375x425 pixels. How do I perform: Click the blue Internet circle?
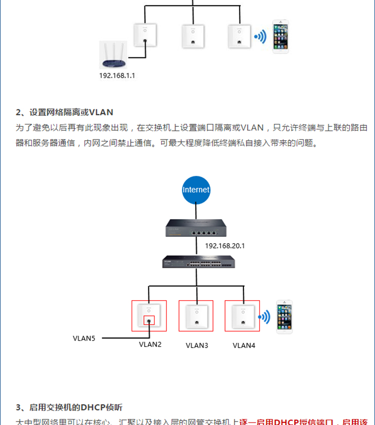coord(196,190)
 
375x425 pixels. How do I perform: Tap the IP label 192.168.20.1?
coord(225,246)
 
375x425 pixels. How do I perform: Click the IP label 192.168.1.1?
coord(117,75)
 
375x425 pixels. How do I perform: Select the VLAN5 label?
coord(84,338)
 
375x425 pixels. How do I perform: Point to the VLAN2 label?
coord(150,344)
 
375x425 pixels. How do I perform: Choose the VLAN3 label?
coord(196,345)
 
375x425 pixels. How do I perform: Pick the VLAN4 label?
coord(244,345)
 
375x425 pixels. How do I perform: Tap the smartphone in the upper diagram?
coord(280,36)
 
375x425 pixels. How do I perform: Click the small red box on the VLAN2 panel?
coord(149,320)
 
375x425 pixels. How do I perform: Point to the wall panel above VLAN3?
coord(196,316)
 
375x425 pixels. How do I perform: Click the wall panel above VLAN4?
coord(242,316)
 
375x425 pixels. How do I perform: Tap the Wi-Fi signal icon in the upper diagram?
coord(258,36)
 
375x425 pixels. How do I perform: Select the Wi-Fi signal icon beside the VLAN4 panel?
coord(263,317)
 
